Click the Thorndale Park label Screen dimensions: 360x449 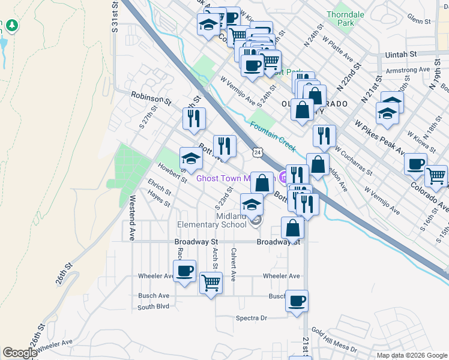341,18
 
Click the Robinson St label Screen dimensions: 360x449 151,96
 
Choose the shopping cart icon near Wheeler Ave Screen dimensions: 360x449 211,282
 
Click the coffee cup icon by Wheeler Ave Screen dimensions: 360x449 184,270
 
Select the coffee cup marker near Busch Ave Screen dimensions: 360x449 296,301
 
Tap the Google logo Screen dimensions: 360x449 20,353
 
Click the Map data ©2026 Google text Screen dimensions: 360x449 411,355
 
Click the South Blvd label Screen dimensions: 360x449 154,307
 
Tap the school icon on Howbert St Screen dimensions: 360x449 191,158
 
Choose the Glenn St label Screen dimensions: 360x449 420,19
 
